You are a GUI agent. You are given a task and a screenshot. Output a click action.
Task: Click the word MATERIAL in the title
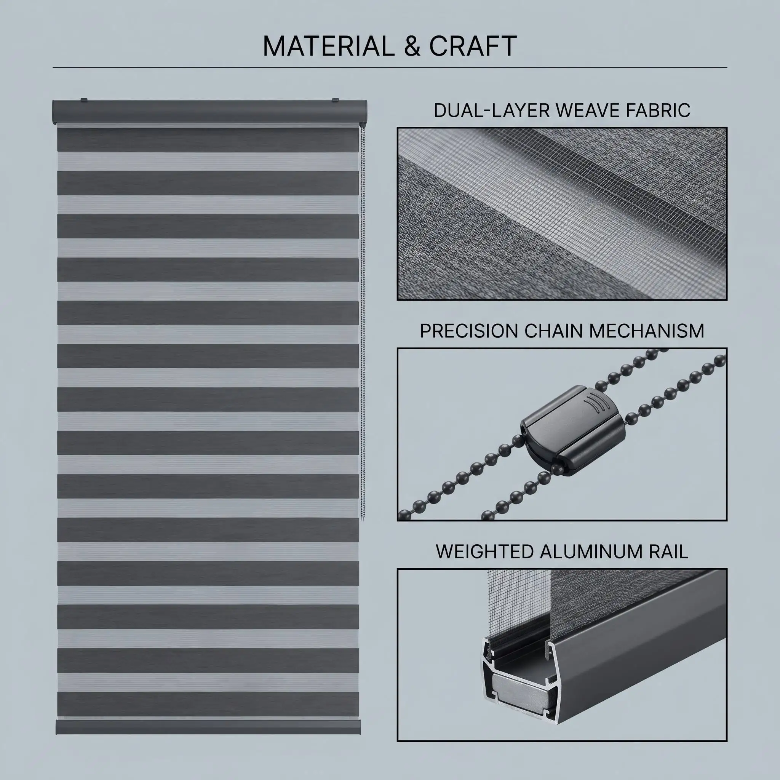point(329,46)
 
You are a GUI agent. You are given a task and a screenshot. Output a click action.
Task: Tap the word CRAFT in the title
point(473,46)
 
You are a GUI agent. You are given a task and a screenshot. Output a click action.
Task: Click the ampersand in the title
point(412,46)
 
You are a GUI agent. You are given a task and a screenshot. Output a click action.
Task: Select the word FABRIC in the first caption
point(658,110)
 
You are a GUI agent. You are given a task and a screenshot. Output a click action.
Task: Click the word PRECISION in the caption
point(469,331)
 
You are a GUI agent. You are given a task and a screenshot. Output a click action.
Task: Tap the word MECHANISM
point(646,331)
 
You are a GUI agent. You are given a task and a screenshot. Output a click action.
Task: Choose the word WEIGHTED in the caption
point(484,552)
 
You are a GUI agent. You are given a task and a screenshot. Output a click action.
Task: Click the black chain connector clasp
point(573,429)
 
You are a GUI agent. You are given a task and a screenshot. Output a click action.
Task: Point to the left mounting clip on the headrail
point(83,99)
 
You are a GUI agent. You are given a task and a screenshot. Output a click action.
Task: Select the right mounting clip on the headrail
point(336,99)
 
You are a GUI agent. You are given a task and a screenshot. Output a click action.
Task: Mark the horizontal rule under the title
point(390,67)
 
